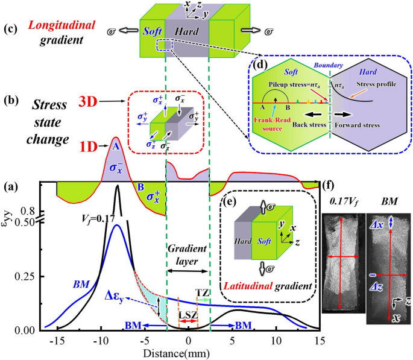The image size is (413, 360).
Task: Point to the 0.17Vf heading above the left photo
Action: (x=342, y=199)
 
